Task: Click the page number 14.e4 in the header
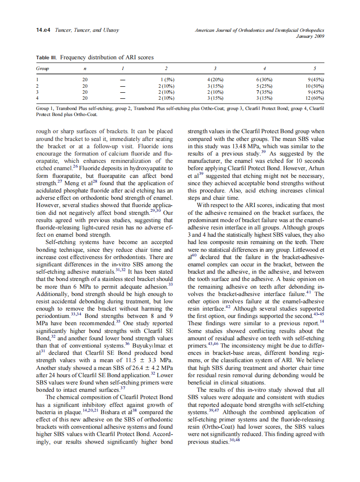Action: click(43, 30)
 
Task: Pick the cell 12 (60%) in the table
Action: click(313, 98)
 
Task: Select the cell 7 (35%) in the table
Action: click(264, 92)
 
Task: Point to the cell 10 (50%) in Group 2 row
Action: click(313, 86)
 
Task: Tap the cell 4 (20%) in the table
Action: click(215, 80)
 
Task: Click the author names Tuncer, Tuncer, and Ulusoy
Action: click(87, 30)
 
